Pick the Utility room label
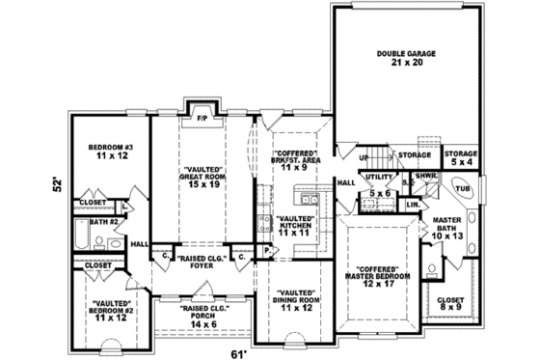(379, 178)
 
